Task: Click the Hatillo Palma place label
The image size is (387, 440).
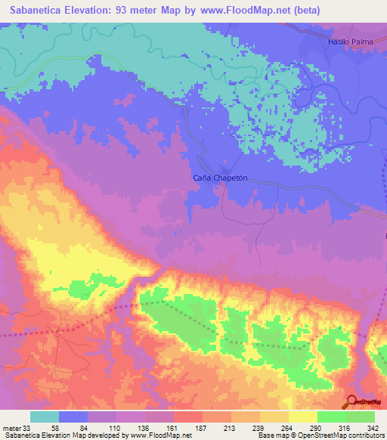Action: point(351,42)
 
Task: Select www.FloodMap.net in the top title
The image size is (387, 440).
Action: point(254,11)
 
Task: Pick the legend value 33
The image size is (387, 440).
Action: point(29,427)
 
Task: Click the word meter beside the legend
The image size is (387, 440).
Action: point(11,427)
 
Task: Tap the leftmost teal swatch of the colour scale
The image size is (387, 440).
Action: point(45,417)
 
